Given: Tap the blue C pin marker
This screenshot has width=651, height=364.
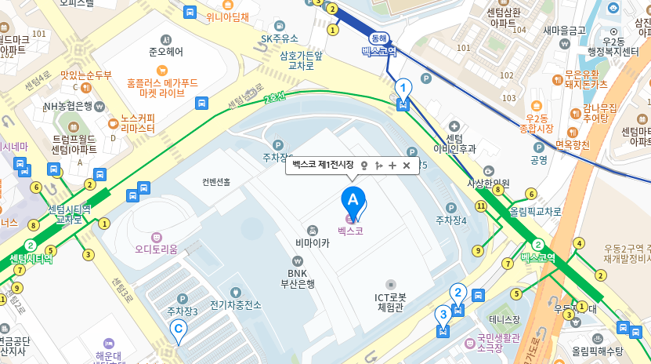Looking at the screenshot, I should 179,330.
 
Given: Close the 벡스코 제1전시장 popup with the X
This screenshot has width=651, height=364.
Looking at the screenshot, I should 407,166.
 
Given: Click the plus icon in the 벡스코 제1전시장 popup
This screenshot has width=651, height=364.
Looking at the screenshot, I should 392,166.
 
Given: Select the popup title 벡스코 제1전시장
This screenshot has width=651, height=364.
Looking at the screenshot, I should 323,166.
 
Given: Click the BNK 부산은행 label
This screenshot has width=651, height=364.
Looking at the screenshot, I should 297,278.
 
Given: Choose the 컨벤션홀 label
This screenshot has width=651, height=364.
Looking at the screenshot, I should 216,182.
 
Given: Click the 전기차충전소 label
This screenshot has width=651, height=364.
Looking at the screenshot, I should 235,304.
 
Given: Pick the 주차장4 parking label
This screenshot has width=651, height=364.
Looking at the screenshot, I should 450,220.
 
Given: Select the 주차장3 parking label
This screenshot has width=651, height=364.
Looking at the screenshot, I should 182,311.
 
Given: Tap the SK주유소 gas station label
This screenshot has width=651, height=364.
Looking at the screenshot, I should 280,38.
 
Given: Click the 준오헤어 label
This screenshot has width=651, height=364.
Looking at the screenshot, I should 165,52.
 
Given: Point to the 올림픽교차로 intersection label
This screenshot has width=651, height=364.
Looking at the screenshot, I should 535,211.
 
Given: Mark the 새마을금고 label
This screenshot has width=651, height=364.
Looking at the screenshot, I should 564,30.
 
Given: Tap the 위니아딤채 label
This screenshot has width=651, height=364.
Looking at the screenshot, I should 227,16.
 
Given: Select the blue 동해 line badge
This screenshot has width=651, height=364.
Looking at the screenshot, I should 379,37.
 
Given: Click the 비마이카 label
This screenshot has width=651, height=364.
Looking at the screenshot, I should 313,242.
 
